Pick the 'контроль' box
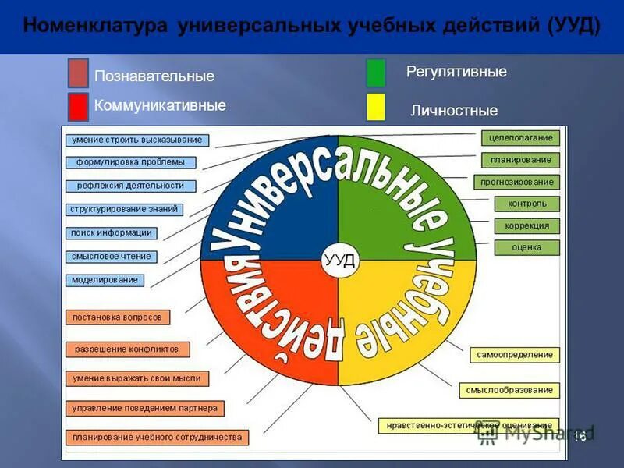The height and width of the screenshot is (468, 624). tap(527, 204)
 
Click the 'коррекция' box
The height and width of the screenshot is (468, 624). tap(527, 225)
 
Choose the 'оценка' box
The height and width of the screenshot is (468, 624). tap(527, 247)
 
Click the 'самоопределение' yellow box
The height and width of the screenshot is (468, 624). tap(515, 354)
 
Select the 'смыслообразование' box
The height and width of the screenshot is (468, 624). tap(509, 389)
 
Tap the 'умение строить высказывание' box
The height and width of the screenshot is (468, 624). tap(137, 140)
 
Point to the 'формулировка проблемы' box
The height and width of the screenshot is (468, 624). tap(130, 163)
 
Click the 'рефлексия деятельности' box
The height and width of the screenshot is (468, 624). tap(130, 186)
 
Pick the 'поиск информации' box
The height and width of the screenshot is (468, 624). tap(111, 232)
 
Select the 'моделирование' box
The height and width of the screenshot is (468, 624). tap(105, 279)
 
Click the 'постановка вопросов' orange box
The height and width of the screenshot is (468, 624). tap(117, 317)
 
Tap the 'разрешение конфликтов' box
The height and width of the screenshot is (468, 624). tap(126, 349)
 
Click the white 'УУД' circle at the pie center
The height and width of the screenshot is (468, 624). tap(339, 261)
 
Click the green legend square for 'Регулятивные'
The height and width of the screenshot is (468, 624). tap(375, 73)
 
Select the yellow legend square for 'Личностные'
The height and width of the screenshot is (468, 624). tap(375, 108)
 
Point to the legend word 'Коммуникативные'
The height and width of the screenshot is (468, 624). tap(159, 105)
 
